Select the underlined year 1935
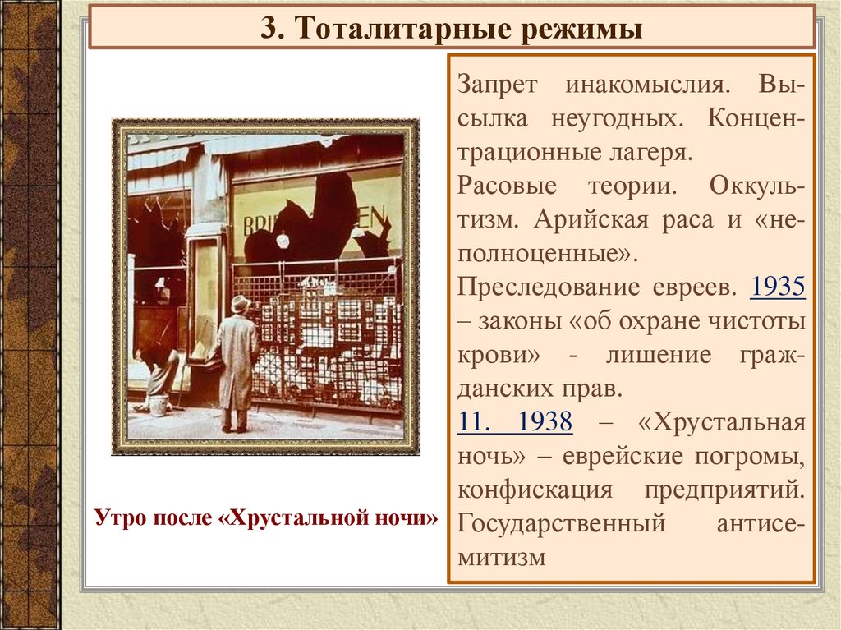[778, 287]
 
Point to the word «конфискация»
[535, 490]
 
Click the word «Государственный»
[561, 523]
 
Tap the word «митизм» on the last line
[502, 557]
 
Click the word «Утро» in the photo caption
[122, 518]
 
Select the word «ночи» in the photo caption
[402, 518]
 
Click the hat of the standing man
[240, 303]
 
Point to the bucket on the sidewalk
[159, 404]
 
